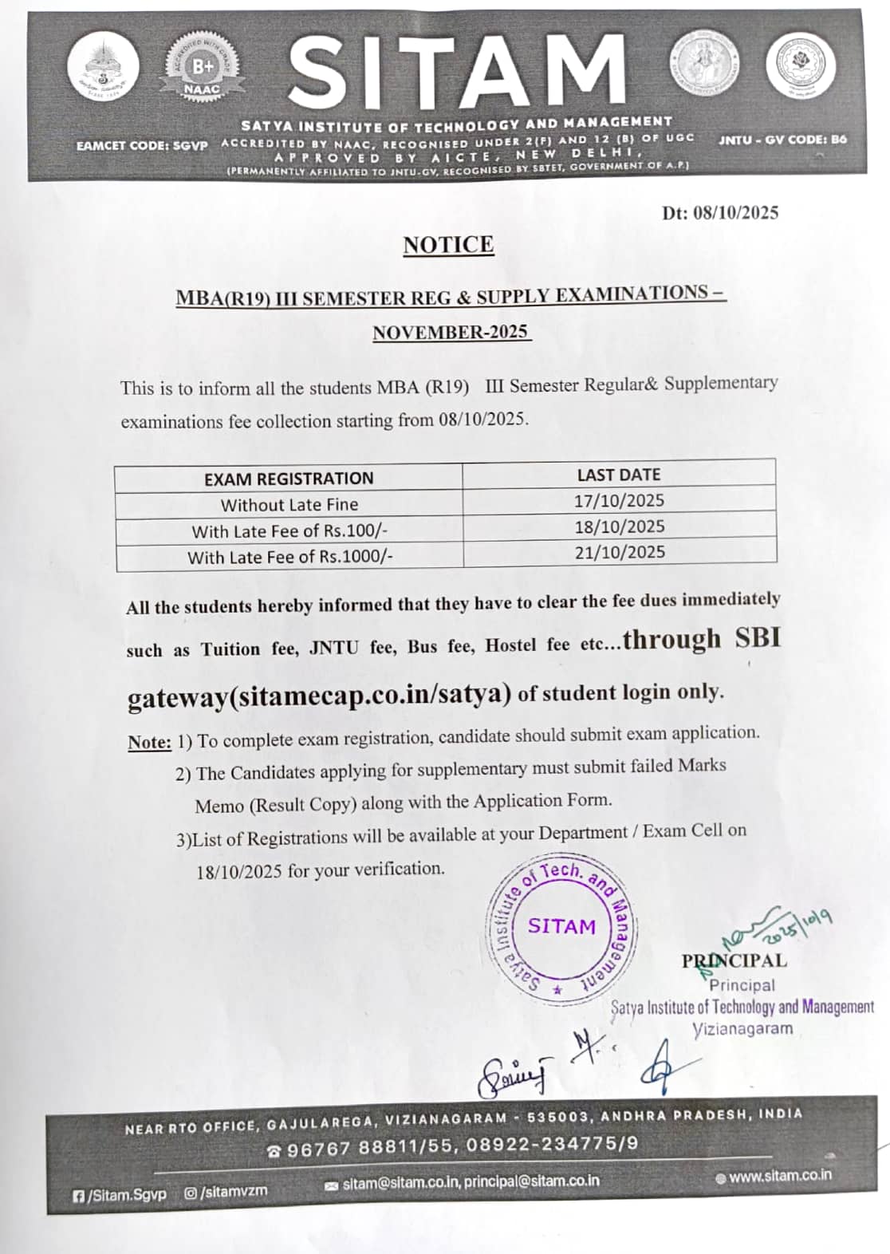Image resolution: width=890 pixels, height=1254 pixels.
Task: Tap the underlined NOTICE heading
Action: pyautogui.click(x=448, y=245)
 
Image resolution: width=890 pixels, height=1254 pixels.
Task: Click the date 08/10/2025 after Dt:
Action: pyautogui.click(x=735, y=212)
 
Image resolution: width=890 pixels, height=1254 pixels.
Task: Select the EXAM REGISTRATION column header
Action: pyautogui.click(x=289, y=479)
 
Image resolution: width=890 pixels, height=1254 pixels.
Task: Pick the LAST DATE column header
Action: pyautogui.click(x=619, y=475)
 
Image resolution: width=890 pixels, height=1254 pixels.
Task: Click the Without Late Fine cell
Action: pyautogui.click(x=289, y=505)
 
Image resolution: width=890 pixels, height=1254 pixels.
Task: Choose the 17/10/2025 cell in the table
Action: pyautogui.click(x=619, y=501)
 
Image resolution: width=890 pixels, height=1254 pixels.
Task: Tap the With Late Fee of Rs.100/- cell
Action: pyautogui.click(x=289, y=531)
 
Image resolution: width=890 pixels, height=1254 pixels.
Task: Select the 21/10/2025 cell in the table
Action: pyautogui.click(x=620, y=552)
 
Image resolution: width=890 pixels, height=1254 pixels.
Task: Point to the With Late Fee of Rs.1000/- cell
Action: pyautogui.click(x=290, y=557)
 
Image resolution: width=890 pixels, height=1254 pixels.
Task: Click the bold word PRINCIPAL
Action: pyautogui.click(x=734, y=960)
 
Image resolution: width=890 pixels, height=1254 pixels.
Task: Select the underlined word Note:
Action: pyautogui.click(x=149, y=743)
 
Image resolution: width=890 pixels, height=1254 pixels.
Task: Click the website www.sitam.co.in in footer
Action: pyautogui.click(x=779, y=1175)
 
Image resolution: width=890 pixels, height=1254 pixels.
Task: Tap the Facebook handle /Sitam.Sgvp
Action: pyautogui.click(x=120, y=1195)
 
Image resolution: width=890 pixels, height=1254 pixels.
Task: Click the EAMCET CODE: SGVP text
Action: pyautogui.click(x=142, y=146)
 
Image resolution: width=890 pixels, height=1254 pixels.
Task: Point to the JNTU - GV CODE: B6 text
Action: pyautogui.click(x=782, y=140)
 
